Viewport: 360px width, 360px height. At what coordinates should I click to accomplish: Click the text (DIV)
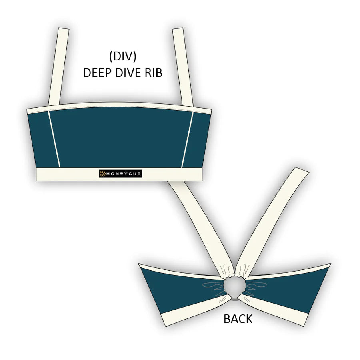pyautogui.click(x=122, y=56)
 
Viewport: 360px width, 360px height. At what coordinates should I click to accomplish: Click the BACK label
pyautogui.click(x=238, y=319)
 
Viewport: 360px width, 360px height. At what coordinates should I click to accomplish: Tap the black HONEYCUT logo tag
pyautogui.click(x=120, y=173)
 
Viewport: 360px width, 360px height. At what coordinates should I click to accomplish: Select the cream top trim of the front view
pyautogui.click(x=120, y=106)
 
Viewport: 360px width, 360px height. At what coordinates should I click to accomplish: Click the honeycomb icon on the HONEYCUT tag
pyautogui.click(x=102, y=173)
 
